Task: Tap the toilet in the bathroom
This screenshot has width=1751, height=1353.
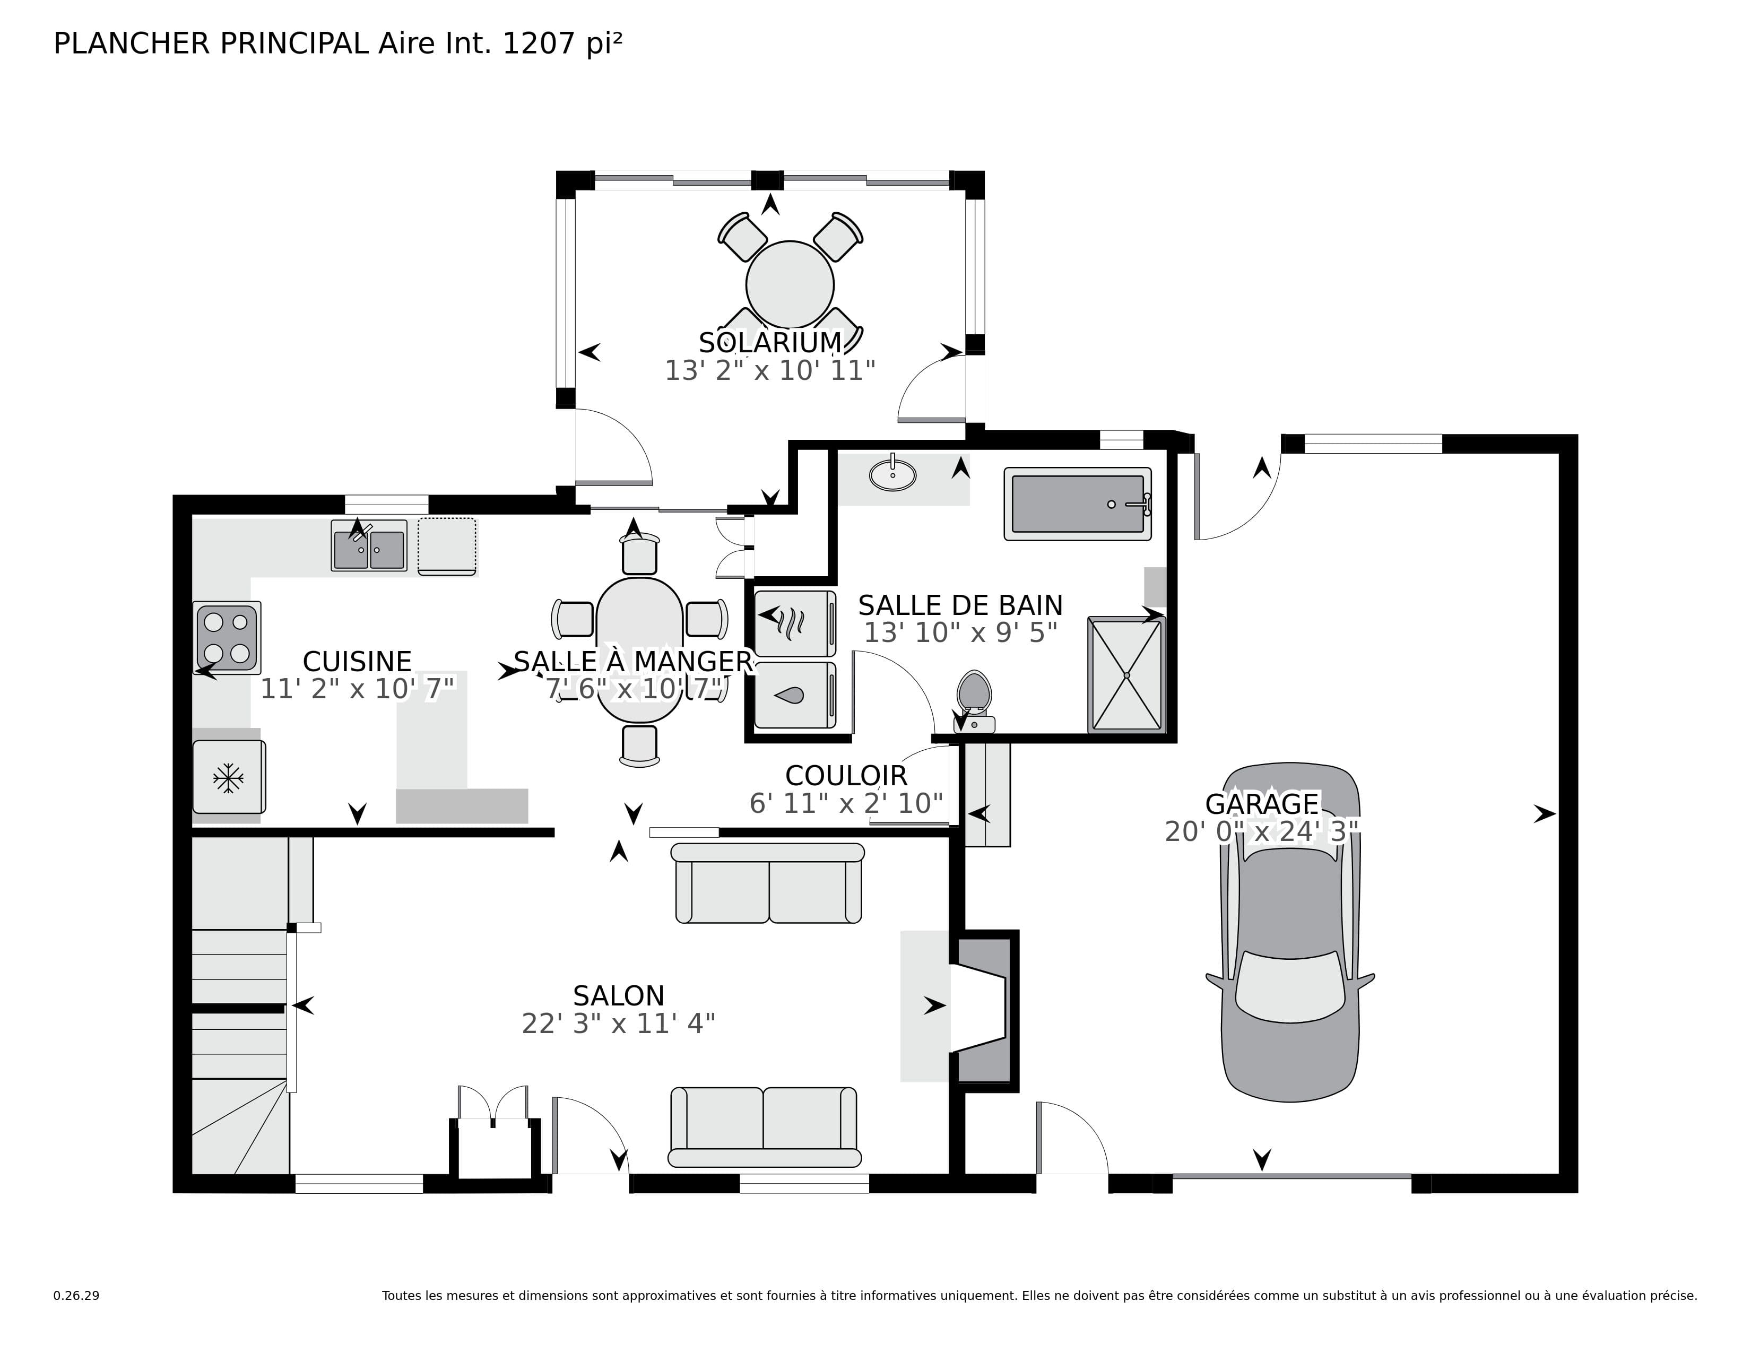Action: click(974, 701)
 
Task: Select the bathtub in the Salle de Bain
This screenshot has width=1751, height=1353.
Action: click(1078, 504)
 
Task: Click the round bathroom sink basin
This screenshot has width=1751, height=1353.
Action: click(892, 474)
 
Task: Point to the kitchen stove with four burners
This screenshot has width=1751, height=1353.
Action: click(227, 638)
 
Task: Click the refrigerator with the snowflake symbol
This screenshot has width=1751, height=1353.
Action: click(229, 777)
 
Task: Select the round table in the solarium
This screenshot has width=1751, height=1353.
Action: click(790, 284)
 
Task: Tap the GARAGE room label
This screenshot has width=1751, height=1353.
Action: click(1262, 803)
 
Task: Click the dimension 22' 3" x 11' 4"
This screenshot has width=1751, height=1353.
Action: click(618, 1024)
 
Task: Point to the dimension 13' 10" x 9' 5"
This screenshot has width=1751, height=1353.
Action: click(960, 632)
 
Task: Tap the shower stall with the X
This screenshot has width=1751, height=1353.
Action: click(1126, 675)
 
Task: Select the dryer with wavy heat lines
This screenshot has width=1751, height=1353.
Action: click(794, 623)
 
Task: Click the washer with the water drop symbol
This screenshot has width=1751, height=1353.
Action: click(794, 695)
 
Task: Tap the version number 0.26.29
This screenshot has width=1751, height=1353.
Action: click(76, 1295)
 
